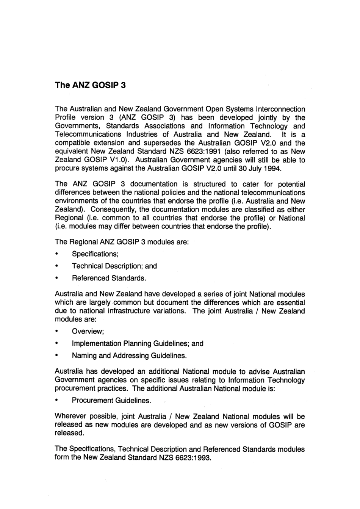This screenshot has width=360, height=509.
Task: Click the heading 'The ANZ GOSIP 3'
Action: coord(90,85)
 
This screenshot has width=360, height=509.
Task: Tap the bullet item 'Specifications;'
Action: coord(95,254)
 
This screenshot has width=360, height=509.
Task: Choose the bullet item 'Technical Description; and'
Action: coord(114,266)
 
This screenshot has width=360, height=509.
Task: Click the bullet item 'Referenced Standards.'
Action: coord(109,278)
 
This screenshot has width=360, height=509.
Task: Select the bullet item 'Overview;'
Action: coord(88,331)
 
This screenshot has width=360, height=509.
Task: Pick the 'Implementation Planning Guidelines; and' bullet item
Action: coord(138,343)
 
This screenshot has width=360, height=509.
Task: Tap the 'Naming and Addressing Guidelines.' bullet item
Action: coord(129,356)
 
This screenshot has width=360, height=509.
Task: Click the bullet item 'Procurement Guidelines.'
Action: coord(111,400)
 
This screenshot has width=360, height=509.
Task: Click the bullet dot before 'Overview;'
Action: coord(57,331)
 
